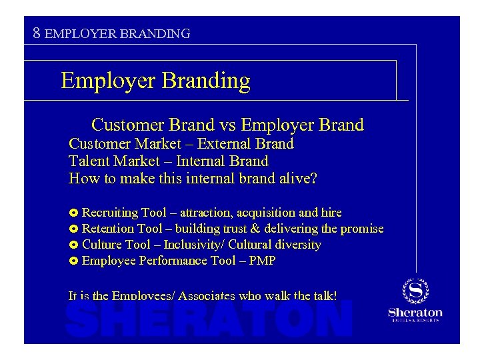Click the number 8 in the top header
pyautogui.click(x=37, y=32)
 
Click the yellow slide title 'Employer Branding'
pyautogui.click(x=155, y=81)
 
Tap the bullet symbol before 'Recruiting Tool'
pyautogui.click(x=73, y=213)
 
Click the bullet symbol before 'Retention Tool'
pyautogui.click(x=73, y=229)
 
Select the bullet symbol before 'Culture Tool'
pyautogui.click(x=73, y=245)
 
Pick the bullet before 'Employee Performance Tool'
pyautogui.click(x=73, y=261)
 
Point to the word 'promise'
pyautogui.click(x=362, y=229)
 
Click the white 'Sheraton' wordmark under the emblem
pyautogui.click(x=415, y=312)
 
